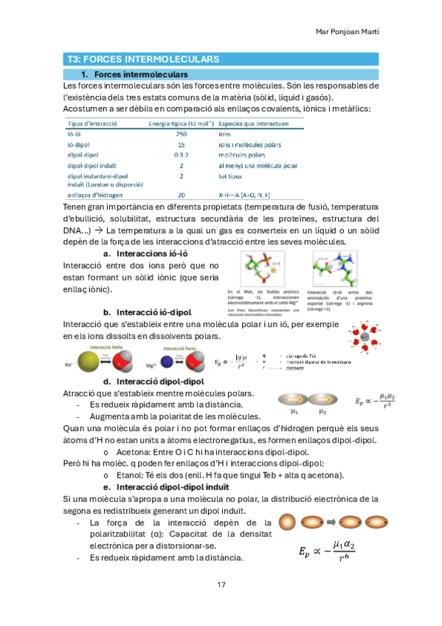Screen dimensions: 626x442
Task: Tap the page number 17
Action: [x=221, y=585]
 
